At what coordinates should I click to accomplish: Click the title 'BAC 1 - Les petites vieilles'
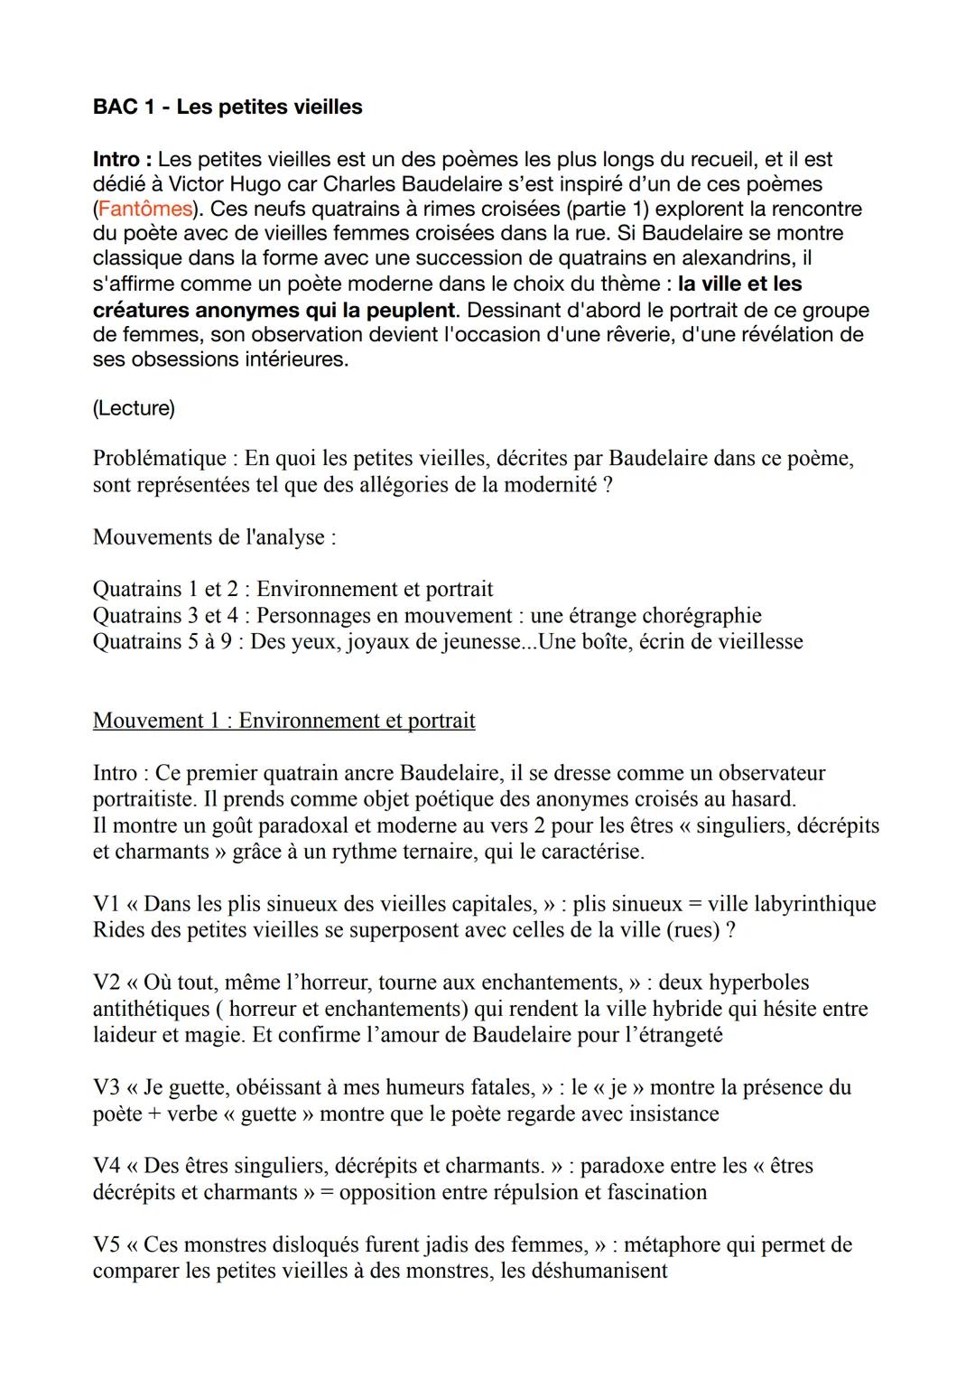[227, 107]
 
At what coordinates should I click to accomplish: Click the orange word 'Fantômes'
[144, 209]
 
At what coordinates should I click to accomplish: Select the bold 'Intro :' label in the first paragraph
[122, 159]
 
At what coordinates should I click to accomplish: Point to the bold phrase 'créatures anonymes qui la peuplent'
[274, 310]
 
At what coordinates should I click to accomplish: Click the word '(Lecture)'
[134, 408]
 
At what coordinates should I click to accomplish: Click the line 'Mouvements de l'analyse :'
[214, 537]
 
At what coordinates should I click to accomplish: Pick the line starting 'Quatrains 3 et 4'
[427, 616]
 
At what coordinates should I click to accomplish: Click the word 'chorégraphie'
[701, 616]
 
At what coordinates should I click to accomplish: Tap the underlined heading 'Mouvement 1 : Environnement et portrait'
[283, 721]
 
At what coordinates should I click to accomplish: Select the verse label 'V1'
[106, 904]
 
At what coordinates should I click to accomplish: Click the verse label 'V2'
[106, 983]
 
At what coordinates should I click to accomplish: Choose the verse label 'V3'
[106, 1087]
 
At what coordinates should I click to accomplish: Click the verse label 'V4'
[106, 1166]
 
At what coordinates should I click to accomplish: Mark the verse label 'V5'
[106, 1244]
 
